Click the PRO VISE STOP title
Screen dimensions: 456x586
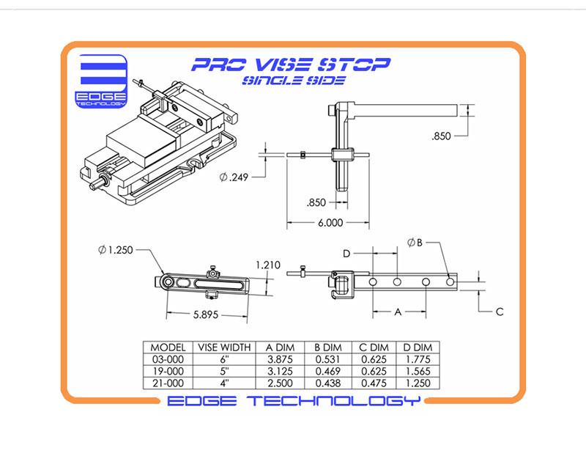pos(291,65)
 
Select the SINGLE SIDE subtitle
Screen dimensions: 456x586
pos(292,80)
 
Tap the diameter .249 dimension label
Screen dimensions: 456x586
pos(234,177)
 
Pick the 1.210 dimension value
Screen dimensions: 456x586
pos(268,264)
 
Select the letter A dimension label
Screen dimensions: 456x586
pos(398,312)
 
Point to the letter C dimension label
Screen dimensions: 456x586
pos(499,312)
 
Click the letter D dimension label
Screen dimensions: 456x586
pos(346,254)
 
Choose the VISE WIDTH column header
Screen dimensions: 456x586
pos(224,348)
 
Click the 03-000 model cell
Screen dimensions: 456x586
pos(167,359)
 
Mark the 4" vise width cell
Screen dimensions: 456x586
pos(224,383)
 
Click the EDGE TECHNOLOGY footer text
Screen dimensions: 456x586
pos(294,401)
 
